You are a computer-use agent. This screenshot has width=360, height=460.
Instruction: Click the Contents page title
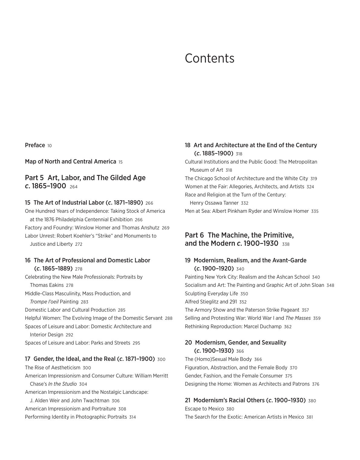[x=209, y=58]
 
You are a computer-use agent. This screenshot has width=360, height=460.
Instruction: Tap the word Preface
[x=35, y=145]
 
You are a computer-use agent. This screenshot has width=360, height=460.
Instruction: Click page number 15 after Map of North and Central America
[x=121, y=162]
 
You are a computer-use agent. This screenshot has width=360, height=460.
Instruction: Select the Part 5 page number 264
[x=73, y=187]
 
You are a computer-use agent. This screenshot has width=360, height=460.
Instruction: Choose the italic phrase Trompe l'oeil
[x=44, y=302]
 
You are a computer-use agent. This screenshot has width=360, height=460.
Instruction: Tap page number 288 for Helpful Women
[x=169, y=318]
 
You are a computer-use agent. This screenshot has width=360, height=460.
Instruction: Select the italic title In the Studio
[x=62, y=384]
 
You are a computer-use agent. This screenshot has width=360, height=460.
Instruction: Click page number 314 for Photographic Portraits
[x=132, y=417]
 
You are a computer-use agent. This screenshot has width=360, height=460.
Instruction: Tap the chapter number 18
[x=188, y=145]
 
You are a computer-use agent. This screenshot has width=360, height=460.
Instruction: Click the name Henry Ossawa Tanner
[x=214, y=203]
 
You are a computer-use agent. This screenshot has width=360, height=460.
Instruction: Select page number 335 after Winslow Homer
[x=315, y=211]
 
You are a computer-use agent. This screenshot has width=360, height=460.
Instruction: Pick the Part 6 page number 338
[x=286, y=244]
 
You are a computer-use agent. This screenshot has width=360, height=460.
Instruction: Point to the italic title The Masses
[x=298, y=318]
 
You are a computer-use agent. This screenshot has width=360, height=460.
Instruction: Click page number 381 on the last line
[x=310, y=417]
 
